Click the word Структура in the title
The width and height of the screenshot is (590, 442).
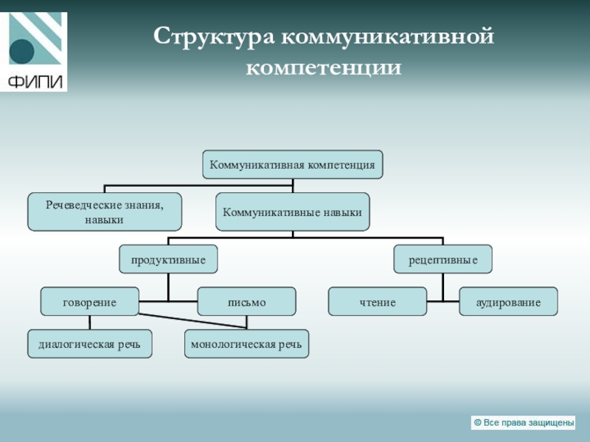point(214,37)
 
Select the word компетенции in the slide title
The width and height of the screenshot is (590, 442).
point(324,68)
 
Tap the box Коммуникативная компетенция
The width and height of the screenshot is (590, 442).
point(293,164)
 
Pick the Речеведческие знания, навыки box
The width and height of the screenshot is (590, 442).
point(104,211)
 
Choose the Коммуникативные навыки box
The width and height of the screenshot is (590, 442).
point(293,212)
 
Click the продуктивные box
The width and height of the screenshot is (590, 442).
point(168,259)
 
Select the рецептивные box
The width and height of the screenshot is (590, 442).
point(442,259)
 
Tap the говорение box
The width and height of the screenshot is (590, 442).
point(89,302)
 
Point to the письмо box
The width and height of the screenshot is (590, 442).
point(246,302)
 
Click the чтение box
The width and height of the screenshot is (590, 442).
point(378,302)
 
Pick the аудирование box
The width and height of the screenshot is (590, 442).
point(508,302)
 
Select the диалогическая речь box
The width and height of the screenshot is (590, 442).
point(89,344)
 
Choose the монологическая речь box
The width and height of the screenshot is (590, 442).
point(246,344)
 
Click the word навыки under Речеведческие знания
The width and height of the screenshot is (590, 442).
point(104,220)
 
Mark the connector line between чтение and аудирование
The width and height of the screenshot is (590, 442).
point(442,301)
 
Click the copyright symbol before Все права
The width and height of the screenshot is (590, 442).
point(477,422)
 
